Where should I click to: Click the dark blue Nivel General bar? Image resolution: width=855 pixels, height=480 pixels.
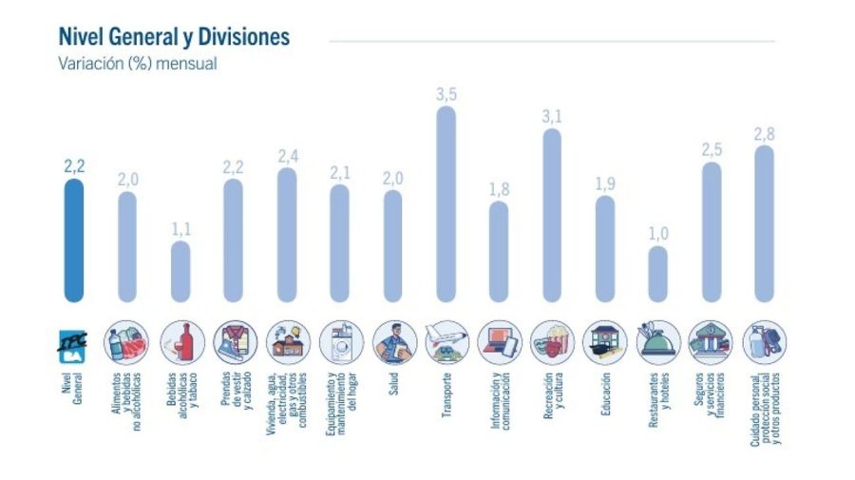pyautogui.click(x=73, y=240)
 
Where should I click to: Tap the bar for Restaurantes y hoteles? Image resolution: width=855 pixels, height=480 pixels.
pyautogui.click(x=658, y=273)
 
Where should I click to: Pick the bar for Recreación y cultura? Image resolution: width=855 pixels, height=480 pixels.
pyautogui.click(x=552, y=214)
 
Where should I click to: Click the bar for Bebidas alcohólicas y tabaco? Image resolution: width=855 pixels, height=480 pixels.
pyautogui.click(x=180, y=270)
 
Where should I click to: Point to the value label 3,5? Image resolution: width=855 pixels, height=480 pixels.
pyautogui.click(x=446, y=94)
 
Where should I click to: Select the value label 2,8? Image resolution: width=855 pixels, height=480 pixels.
pyautogui.click(x=764, y=134)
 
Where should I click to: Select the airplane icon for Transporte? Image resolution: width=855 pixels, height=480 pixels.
pyautogui.click(x=446, y=341)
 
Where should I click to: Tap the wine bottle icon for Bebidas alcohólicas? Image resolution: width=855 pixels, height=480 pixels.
pyautogui.click(x=180, y=341)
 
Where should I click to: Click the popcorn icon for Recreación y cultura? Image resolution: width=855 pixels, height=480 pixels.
pyautogui.click(x=552, y=341)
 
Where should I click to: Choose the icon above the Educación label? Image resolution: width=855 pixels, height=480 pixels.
pyautogui.click(x=605, y=341)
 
